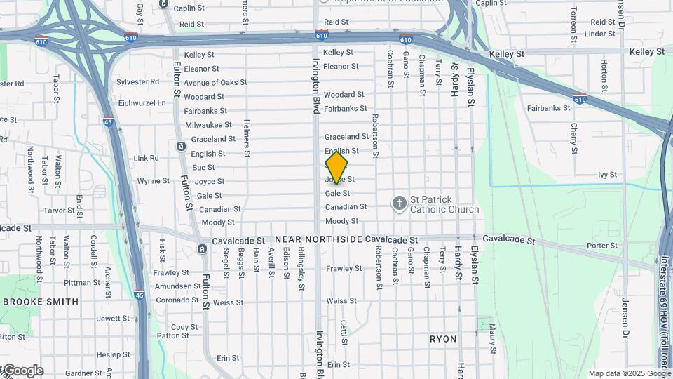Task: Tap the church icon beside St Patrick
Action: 400,204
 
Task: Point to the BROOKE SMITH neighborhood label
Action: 41,302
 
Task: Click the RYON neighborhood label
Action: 443,339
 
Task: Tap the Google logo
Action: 22,371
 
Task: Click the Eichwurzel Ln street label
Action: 142,102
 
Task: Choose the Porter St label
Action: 602,246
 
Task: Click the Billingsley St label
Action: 301,268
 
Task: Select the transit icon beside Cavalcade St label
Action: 202,249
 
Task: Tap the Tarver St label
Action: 59,211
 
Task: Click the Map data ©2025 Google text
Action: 629,373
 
